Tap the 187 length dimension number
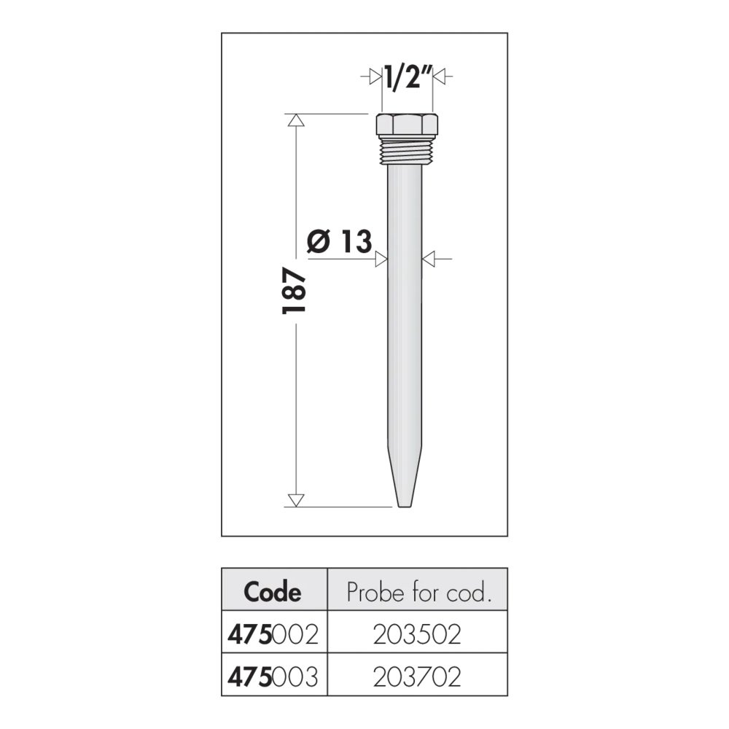(x=295, y=290)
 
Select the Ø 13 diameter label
(x=340, y=241)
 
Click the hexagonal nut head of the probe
(x=407, y=124)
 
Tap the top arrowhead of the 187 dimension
(x=296, y=120)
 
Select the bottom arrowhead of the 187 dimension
(x=296, y=500)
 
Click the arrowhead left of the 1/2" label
(x=375, y=77)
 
